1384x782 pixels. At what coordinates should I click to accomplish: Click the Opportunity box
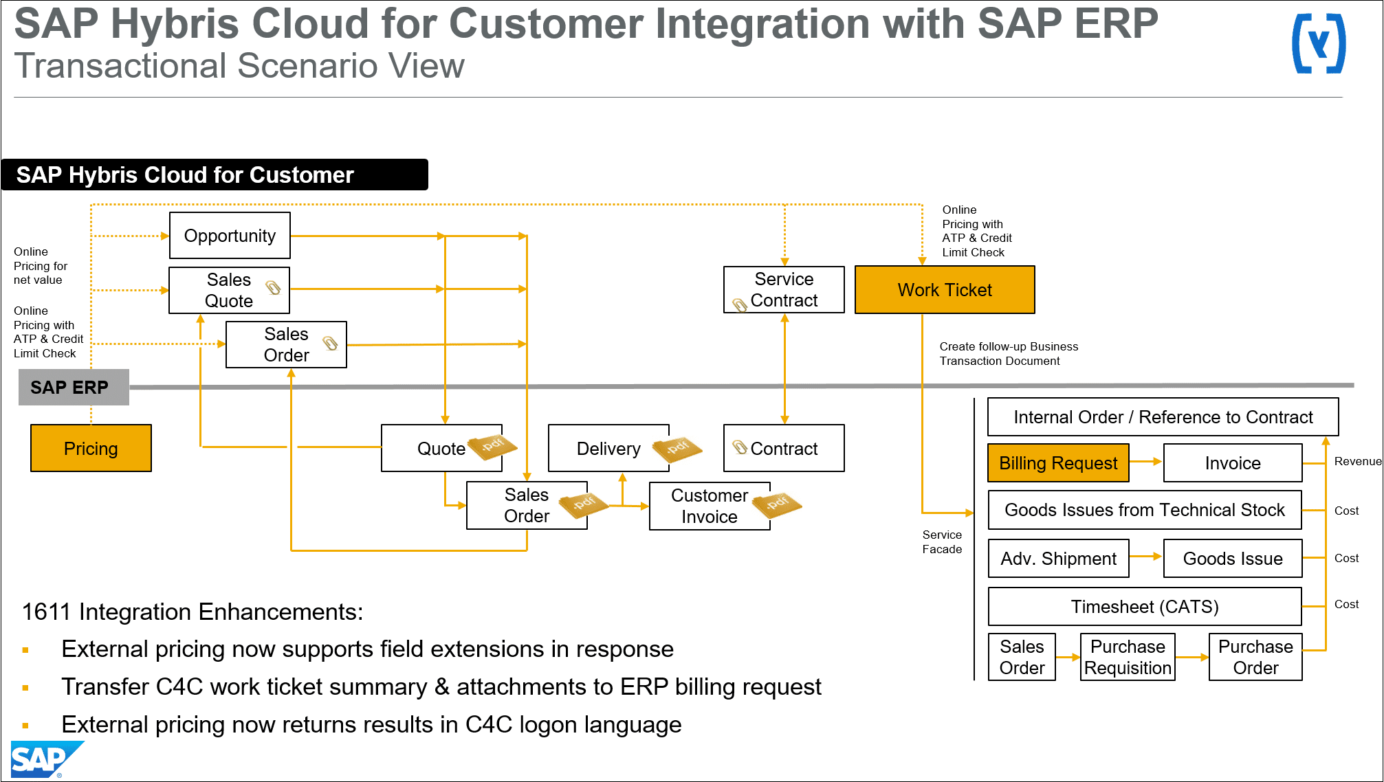(230, 236)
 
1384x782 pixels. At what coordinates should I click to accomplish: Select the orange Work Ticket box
(945, 290)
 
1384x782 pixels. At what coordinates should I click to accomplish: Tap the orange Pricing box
(91, 449)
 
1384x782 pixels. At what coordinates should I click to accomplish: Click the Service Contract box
(784, 290)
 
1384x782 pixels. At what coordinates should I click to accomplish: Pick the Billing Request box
(1058, 463)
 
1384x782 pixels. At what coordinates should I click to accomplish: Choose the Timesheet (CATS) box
(1145, 607)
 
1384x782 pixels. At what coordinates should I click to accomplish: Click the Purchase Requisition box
(1128, 658)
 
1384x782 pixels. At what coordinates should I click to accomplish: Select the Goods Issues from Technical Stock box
(1145, 510)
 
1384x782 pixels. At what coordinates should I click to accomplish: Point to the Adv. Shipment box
(1058, 559)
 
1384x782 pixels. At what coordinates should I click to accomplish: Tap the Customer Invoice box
(710, 506)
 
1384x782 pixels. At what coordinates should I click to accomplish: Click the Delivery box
(608, 449)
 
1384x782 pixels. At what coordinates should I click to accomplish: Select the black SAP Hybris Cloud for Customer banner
(215, 175)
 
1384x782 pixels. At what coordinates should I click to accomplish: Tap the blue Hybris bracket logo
(1319, 44)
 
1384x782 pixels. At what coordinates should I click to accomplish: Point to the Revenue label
(1357, 462)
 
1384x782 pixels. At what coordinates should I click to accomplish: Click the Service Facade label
(942, 542)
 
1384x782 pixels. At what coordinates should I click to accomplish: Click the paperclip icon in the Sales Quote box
(273, 287)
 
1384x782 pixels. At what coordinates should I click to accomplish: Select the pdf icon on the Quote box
(492, 446)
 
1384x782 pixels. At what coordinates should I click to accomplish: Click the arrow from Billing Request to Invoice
(1145, 461)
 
